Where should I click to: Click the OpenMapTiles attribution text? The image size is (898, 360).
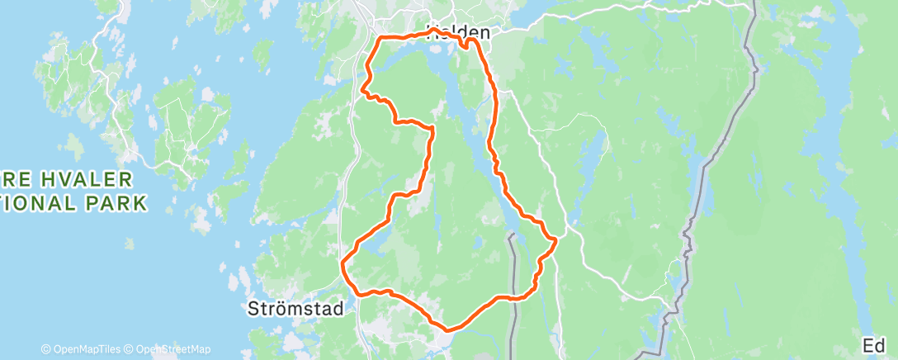pyautogui.click(x=86, y=349)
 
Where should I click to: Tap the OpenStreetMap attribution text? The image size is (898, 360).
pyautogui.click(x=172, y=349)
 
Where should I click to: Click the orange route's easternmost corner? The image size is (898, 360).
pyautogui.click(x=558, y=240)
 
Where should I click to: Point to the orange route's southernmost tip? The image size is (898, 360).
pyautogui.click(x=448, y=330)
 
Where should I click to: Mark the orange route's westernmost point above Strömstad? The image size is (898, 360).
pyautogui.click(x=342, y=263)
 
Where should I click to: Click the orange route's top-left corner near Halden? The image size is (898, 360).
pyautogui.click(x=379, y=39)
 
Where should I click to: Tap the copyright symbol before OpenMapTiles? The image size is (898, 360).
pyautogui.click(x=46, y=349)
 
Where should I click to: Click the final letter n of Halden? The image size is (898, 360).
pyautogui.click(x=484, y=35)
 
